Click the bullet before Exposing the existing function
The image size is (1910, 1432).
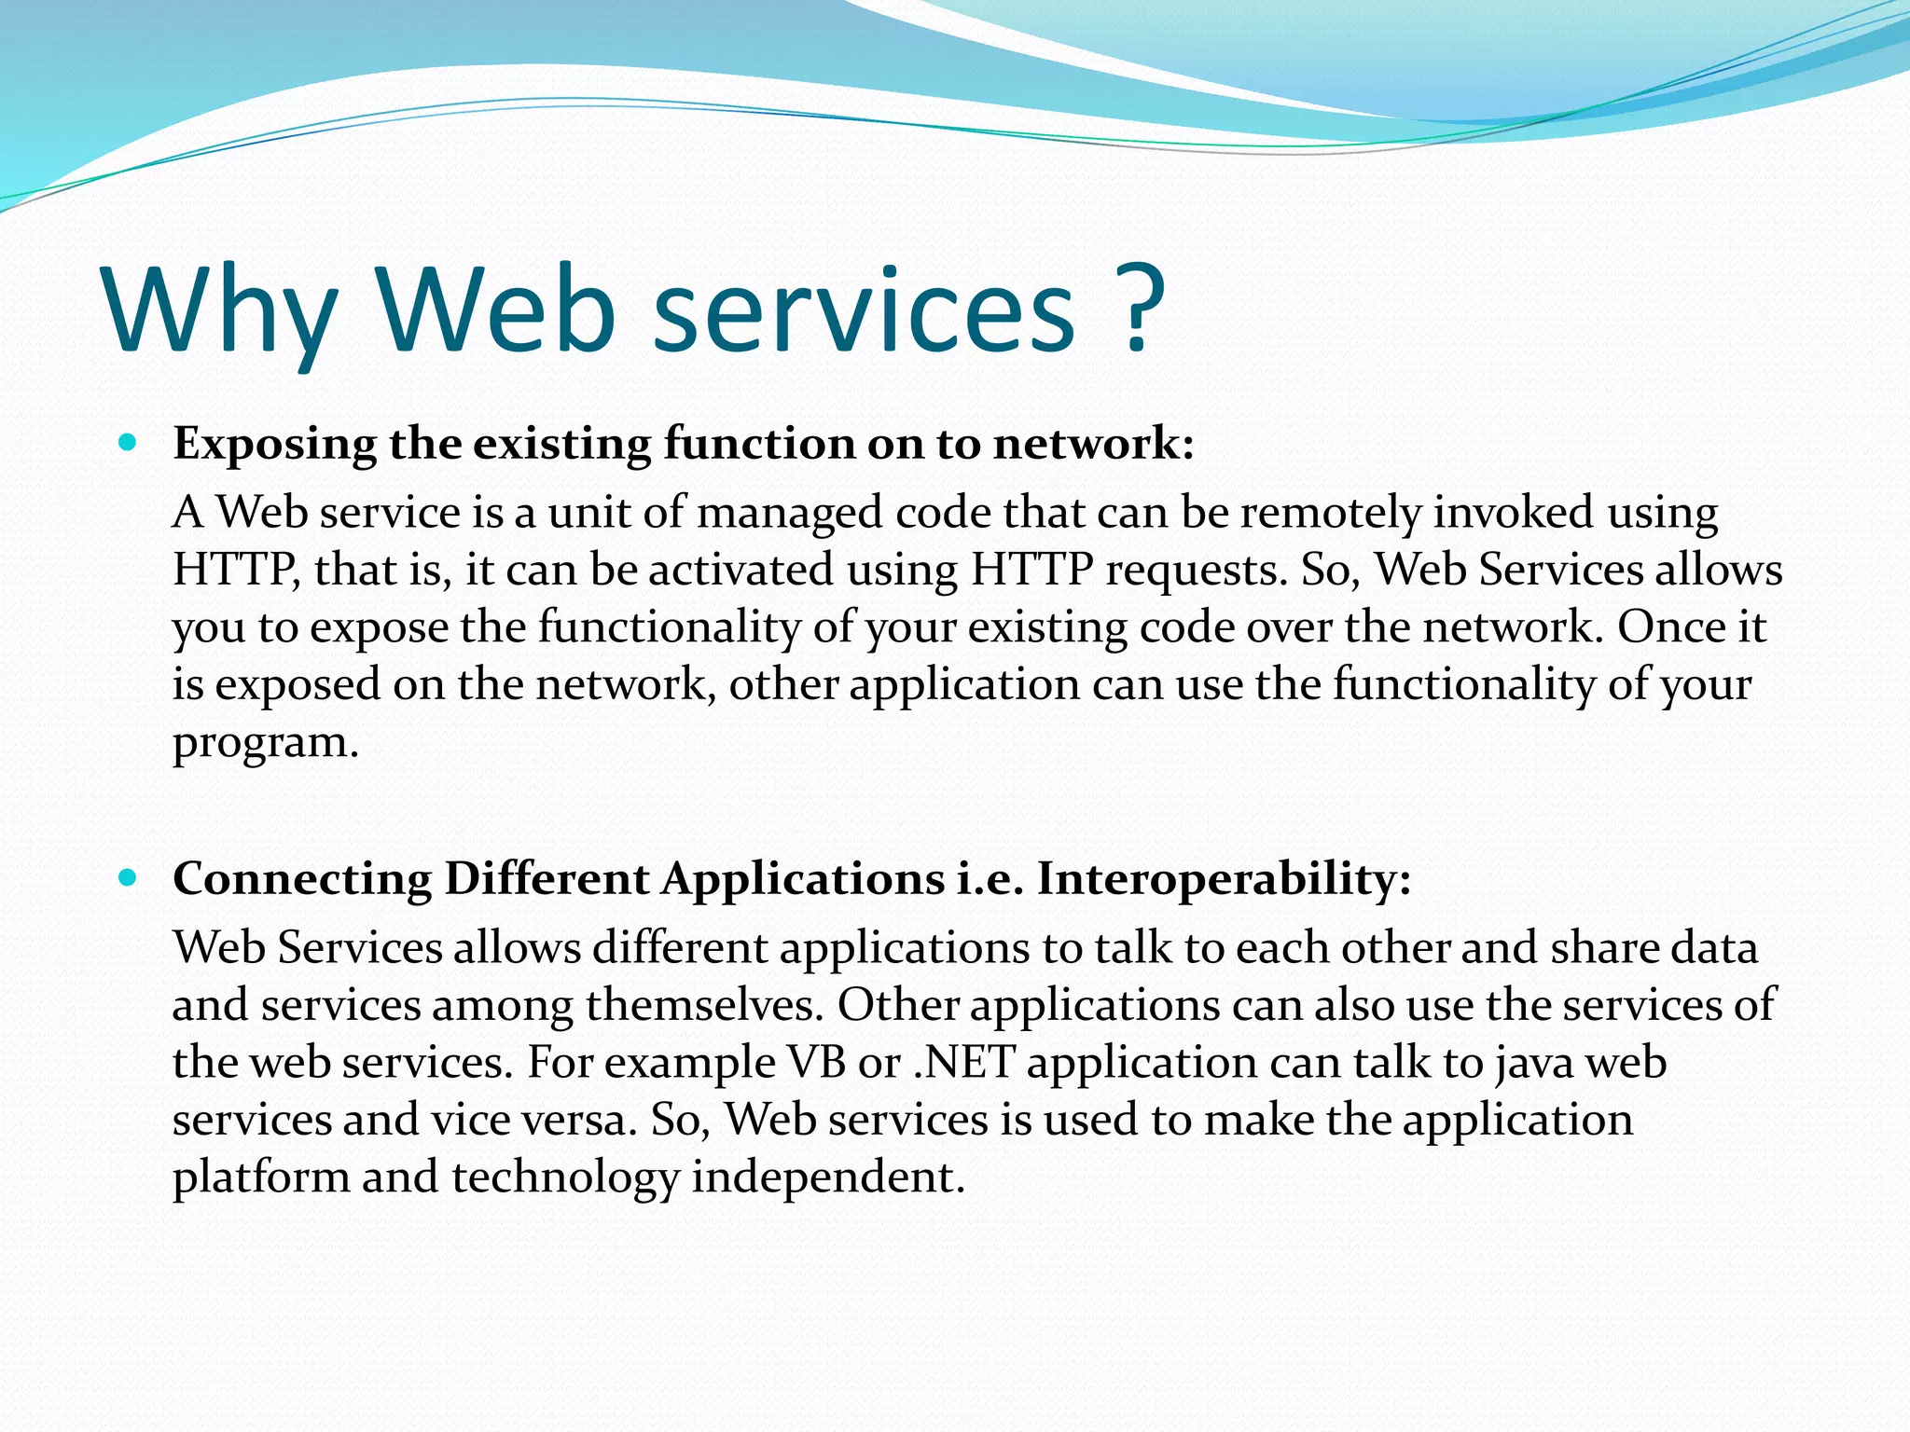[x=129, y=442]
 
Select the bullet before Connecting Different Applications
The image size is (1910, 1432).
[x=129, y=877]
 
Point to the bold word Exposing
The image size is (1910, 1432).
[x=275, y=445]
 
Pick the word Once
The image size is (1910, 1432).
[x=1670, y=626]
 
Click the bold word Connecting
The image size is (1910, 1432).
[x=302, y=880]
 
